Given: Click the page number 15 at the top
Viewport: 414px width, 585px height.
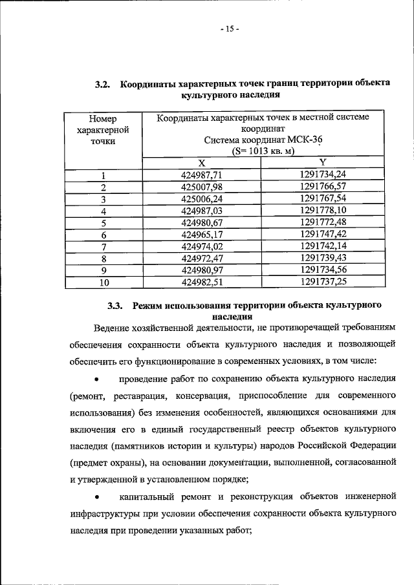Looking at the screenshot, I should click(229, 29).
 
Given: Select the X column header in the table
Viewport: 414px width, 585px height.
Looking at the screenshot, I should click(201, 162).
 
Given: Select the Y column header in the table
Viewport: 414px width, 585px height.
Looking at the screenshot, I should click(323, 162).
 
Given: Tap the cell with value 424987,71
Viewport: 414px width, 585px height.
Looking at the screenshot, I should click(202, 175).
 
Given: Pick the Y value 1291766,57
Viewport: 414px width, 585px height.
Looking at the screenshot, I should click(323, 187).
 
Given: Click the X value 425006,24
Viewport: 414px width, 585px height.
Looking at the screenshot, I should click(202, 198).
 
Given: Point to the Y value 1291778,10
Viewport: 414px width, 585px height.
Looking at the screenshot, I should click(323, 211).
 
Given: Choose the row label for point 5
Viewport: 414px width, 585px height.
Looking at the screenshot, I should click(103, 223).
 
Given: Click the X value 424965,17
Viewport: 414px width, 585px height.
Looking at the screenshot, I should click(202, 235).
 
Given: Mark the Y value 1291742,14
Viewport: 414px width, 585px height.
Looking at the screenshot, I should click(323, 247).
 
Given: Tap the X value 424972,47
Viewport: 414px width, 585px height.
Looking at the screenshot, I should click(202, 259).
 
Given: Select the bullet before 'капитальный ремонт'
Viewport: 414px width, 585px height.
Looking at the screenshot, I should click(96, 497).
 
